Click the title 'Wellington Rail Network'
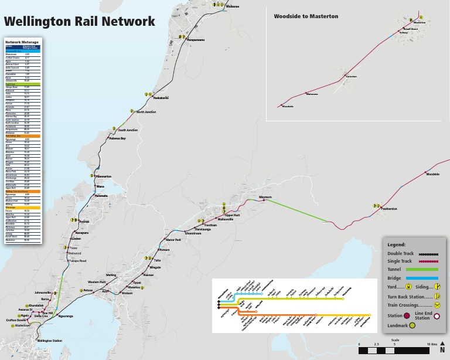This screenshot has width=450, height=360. click(80, 22)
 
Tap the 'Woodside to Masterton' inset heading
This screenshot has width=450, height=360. click(306, 16)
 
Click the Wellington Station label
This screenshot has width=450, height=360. click(49, 341)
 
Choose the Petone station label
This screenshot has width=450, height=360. click(88, 290)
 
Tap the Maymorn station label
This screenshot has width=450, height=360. click(265, 197)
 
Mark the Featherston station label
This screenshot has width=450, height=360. click(389, 209)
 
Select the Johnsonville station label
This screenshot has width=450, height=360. click(43, 292)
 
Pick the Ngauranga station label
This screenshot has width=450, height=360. click(66, 316)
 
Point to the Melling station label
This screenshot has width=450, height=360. click(111, 274)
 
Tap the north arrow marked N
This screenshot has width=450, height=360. click(442, 350)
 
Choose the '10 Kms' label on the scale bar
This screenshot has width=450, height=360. click(431, 344)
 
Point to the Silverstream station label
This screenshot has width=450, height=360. click(193, 233)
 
